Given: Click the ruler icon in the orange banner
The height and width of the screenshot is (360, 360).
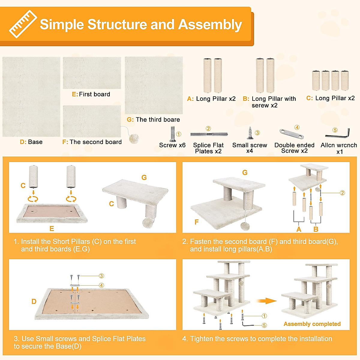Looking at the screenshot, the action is (x=23, y=24).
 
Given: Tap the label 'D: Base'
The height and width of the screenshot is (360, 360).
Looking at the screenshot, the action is (x=31, y=142).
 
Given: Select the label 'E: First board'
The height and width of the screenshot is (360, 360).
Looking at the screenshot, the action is (x=91, y=94).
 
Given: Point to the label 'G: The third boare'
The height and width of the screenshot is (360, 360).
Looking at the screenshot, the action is (x=153, y=120).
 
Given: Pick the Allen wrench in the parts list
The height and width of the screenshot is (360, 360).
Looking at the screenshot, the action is (x=337, y=133).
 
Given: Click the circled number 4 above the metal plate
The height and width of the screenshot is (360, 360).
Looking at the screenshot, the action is (x=297, y=127).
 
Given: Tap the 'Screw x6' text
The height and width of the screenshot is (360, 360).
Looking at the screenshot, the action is (x=172, y=145).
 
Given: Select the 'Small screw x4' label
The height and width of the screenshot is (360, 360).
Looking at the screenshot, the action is (x=250, y=148).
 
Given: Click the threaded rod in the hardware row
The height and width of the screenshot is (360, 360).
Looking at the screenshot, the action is (x=209, y=134).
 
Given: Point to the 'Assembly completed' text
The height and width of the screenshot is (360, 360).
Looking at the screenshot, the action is (x=312, y=324).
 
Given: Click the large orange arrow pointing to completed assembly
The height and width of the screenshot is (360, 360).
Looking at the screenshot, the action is (x=266, y=301).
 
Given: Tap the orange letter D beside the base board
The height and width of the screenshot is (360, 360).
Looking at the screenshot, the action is (x=34, y=301).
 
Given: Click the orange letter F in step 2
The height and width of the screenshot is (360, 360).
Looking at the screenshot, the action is (x=196, y=222).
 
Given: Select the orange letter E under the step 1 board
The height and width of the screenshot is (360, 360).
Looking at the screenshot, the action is (x=52, y=229).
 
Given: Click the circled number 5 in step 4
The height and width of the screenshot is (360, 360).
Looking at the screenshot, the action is (x=264, y=325).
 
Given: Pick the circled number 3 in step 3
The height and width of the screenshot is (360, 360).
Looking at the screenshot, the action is (x=101, y=276).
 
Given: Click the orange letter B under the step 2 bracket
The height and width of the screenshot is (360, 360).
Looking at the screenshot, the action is (x=316, y=229).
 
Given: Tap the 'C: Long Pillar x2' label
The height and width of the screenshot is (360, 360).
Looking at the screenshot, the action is (x=331, y=98).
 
